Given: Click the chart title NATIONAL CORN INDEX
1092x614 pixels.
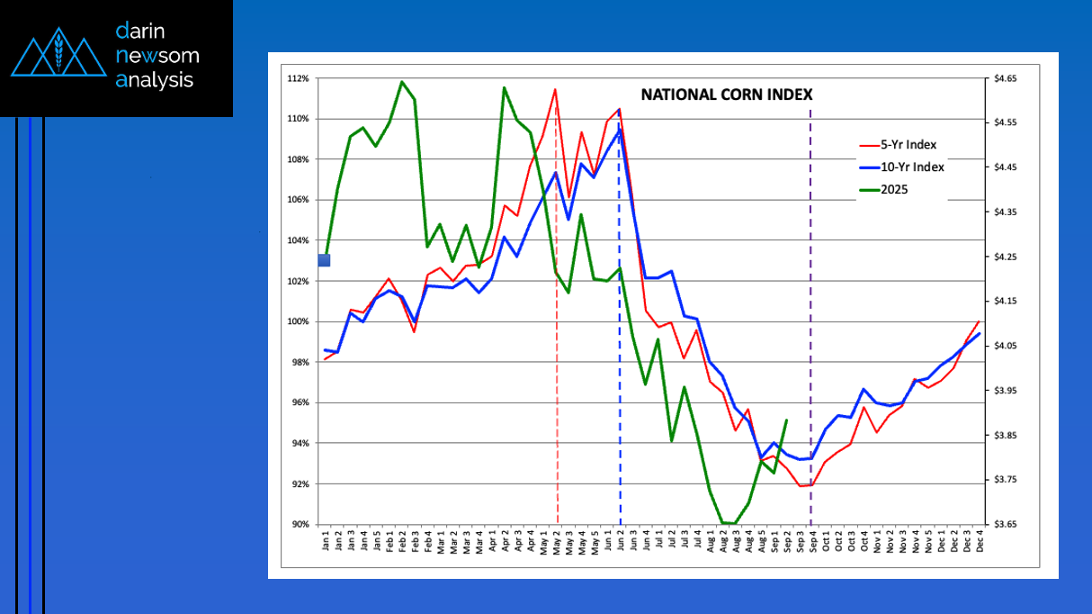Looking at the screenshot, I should point(726,94).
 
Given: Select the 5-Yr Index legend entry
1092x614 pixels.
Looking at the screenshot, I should point(910,144).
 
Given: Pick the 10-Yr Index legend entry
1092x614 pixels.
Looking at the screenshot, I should point(913,167).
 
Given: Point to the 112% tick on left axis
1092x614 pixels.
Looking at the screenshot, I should point(299,78).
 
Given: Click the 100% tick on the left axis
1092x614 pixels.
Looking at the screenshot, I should point(299,321).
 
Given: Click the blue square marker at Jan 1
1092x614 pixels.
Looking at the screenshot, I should point(325,260).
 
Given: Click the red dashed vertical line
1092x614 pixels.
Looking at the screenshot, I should point(558,405).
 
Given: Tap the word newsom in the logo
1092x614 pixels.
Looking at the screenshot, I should point(157,56).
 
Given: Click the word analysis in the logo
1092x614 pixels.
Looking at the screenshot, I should point(154,80).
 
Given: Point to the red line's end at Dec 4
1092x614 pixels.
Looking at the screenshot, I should point(979,321).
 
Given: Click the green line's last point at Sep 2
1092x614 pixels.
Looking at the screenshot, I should point(787,420).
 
